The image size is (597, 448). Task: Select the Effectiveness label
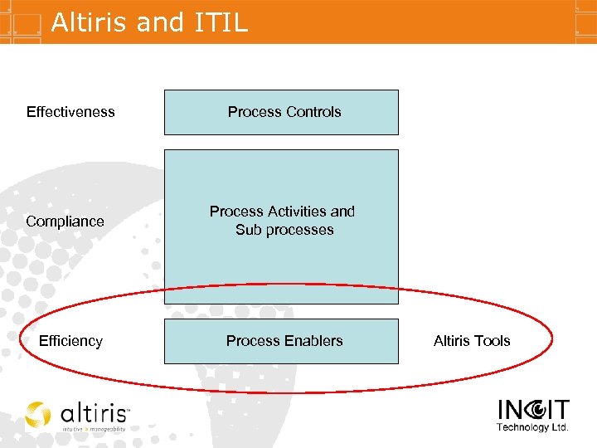click(70, 112)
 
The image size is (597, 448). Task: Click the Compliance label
click(65, 222)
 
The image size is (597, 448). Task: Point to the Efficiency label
click(70, 341)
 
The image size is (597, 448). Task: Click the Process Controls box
click(281, 112)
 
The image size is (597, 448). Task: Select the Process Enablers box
click(281, 341)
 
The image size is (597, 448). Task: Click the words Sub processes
click(284, 230)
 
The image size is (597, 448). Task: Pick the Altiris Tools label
click(472, 341)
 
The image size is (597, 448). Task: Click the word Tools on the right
click(493, 341)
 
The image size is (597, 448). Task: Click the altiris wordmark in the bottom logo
click(92, 413)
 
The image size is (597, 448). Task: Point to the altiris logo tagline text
click(94, 430)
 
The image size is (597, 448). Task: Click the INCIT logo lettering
click(533, 411)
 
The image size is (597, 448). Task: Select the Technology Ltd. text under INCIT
click(532, 428)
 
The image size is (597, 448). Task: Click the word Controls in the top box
click(313, 112)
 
